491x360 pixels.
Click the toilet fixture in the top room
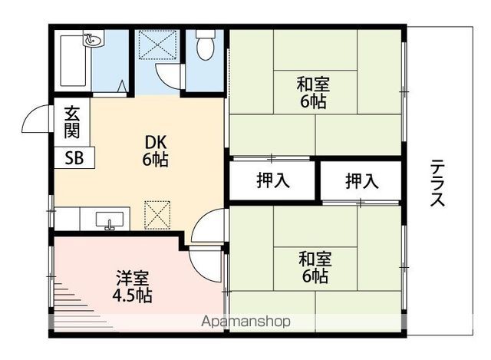pyautogui.click(x=205, y=48)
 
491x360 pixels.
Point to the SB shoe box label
pyautogui.click(x=75, y=158)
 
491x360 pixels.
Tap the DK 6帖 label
pyautogui.click(x=155, y=151)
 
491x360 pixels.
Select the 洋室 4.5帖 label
pyautogui.click(x=133, y=285)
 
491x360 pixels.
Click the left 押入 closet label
pyautogui.click(x=272, y=181)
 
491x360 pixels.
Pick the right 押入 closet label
pyautogui.click(x=361, y=181)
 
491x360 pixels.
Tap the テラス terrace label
pyautogui.click(x=438, y=183)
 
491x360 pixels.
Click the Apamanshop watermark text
pyautogui.click(x=246, y=322)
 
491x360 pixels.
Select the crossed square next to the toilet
pyautogui.click(x=159, y=46)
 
